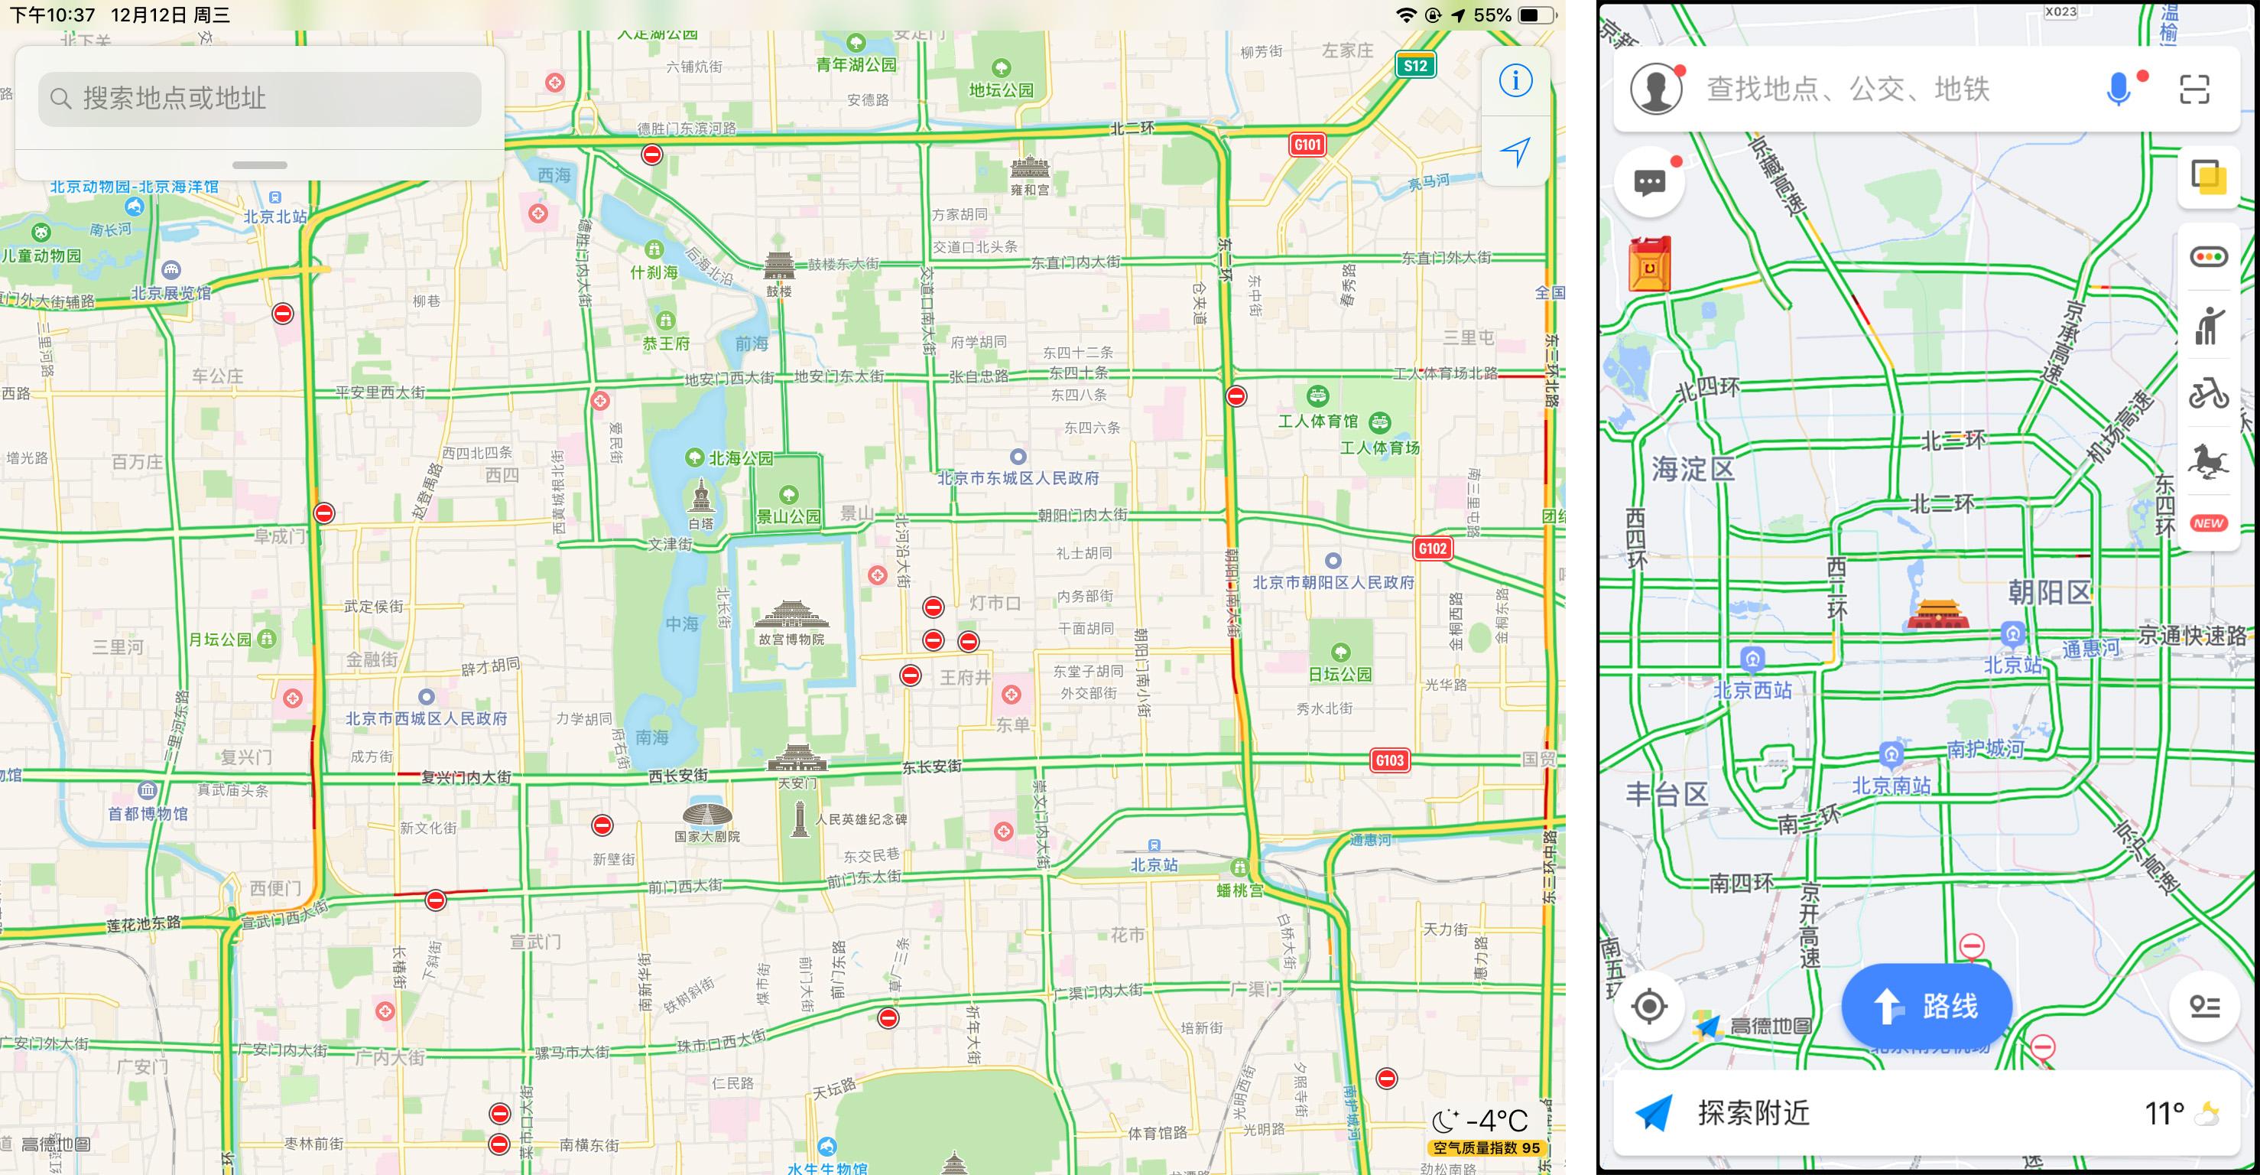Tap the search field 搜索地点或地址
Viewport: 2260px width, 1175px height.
(260, 98)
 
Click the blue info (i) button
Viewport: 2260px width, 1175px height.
(1515, 81)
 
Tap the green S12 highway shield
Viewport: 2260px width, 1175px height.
(1415, 65)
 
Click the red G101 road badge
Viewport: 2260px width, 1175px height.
(1307, 145)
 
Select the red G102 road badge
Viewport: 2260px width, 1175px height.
(1432, 548)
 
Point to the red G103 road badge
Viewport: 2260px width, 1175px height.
(1390, 760)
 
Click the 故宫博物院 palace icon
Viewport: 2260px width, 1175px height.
(791, 615)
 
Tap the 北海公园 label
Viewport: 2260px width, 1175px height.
(741, 458)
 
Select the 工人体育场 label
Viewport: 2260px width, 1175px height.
(1379, 448)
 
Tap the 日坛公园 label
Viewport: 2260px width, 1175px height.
(1339, 674)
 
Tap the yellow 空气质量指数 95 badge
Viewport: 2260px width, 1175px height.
(1486, 1147)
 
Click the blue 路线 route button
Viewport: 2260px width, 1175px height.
(1926, 1006)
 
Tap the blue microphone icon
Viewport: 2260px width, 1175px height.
(2118, 89)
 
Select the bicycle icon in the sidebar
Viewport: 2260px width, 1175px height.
(2207, 393)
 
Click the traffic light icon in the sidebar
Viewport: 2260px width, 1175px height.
(2208, 257)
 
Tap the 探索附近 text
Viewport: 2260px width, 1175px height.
(1753, 1113)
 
